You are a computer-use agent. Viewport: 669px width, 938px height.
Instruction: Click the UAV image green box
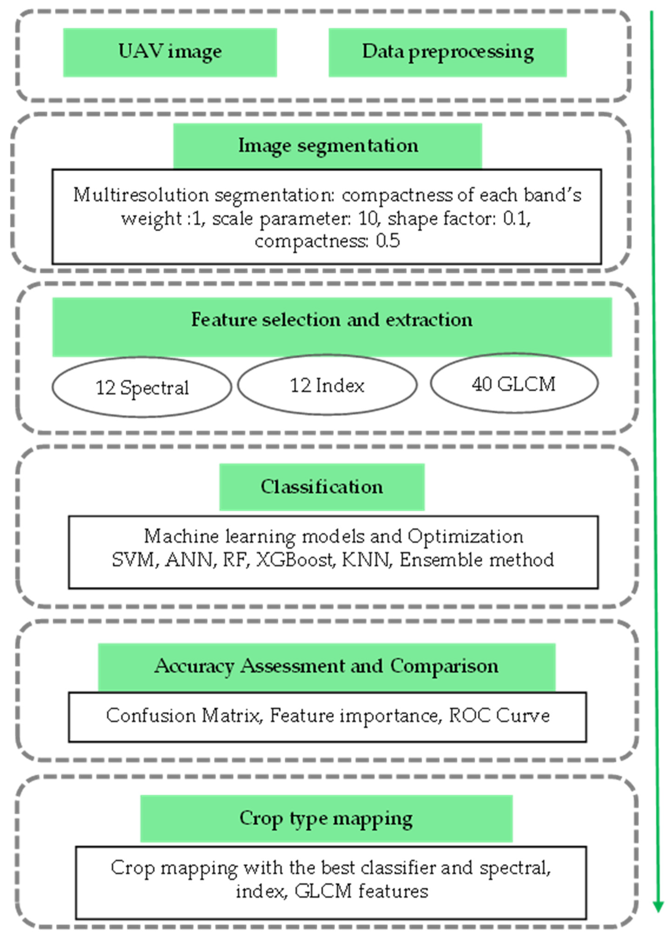pos(170,52)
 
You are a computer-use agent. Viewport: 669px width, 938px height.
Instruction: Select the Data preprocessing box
pos(447,52)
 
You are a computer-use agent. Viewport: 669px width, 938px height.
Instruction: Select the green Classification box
pos(322,487)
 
